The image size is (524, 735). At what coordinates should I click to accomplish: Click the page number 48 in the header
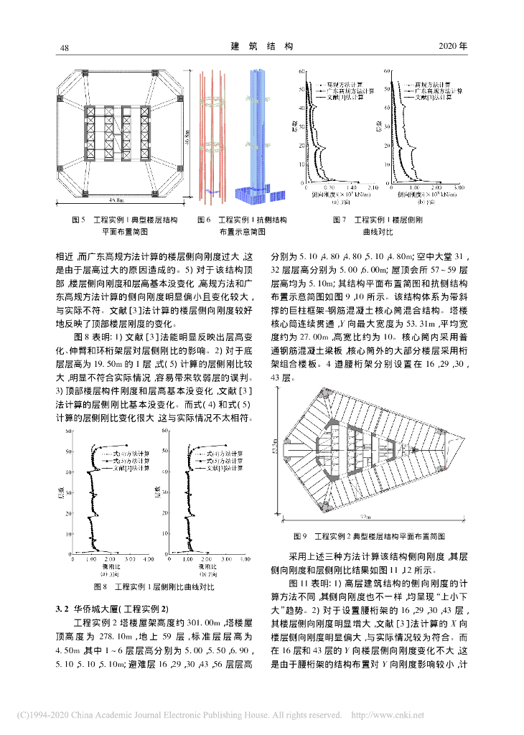tap(63, 47)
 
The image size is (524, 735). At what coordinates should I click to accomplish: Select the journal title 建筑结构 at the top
tap(262, 46)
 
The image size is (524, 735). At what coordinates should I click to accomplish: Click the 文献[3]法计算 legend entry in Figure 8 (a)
tap(124, 467)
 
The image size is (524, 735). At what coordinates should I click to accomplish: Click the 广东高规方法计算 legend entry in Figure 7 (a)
tap(350, 91)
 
